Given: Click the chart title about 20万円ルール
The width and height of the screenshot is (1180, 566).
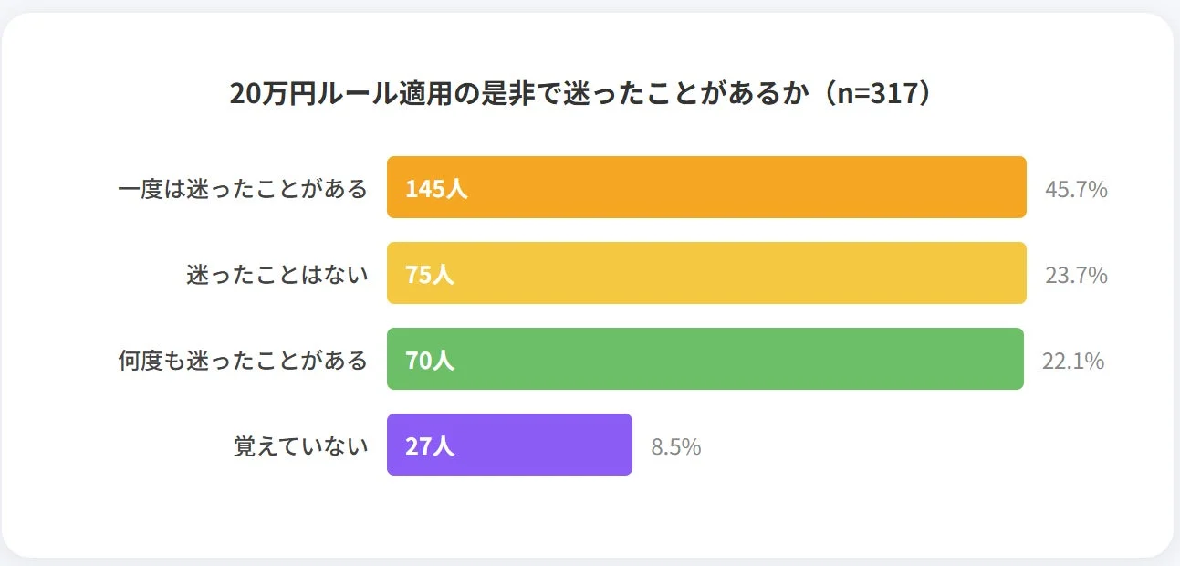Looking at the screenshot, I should tap(584, 94).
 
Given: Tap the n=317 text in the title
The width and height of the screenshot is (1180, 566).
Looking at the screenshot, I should tap(878, 94).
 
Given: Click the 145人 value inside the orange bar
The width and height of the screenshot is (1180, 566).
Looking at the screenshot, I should tap(436, 189).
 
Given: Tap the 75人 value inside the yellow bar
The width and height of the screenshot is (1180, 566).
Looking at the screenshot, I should tap(430, 275).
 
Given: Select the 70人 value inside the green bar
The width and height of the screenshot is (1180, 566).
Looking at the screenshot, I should tap(430, 361).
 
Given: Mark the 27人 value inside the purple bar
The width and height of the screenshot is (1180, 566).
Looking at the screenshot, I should tap(430, 446).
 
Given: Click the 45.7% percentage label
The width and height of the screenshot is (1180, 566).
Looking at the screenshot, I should tap(1076, 190).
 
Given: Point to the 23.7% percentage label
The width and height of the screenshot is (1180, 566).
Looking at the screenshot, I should tap(1076, 276).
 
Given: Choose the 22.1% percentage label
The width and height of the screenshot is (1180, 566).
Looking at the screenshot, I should tap(1073, 362).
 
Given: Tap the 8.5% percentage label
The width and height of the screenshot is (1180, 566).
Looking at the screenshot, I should tap(675, 447).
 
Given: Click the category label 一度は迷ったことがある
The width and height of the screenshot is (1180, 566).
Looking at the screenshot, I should tap(243, 189).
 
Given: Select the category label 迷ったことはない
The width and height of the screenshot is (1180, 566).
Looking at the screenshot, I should tap(277, 275).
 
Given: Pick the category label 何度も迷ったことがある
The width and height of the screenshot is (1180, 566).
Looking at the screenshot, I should tap(243, 361).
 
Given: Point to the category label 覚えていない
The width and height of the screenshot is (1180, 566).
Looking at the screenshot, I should tap(301, 446).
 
